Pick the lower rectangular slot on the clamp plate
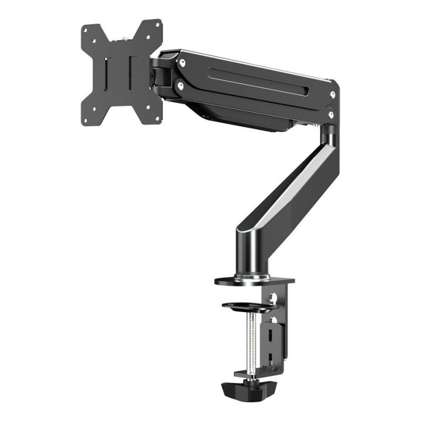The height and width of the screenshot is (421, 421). (270, 358)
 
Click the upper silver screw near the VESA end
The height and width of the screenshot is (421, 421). (182, 63)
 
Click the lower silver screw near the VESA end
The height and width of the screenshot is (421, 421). (181, 84)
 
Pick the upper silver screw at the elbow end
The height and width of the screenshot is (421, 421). (333, 95)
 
